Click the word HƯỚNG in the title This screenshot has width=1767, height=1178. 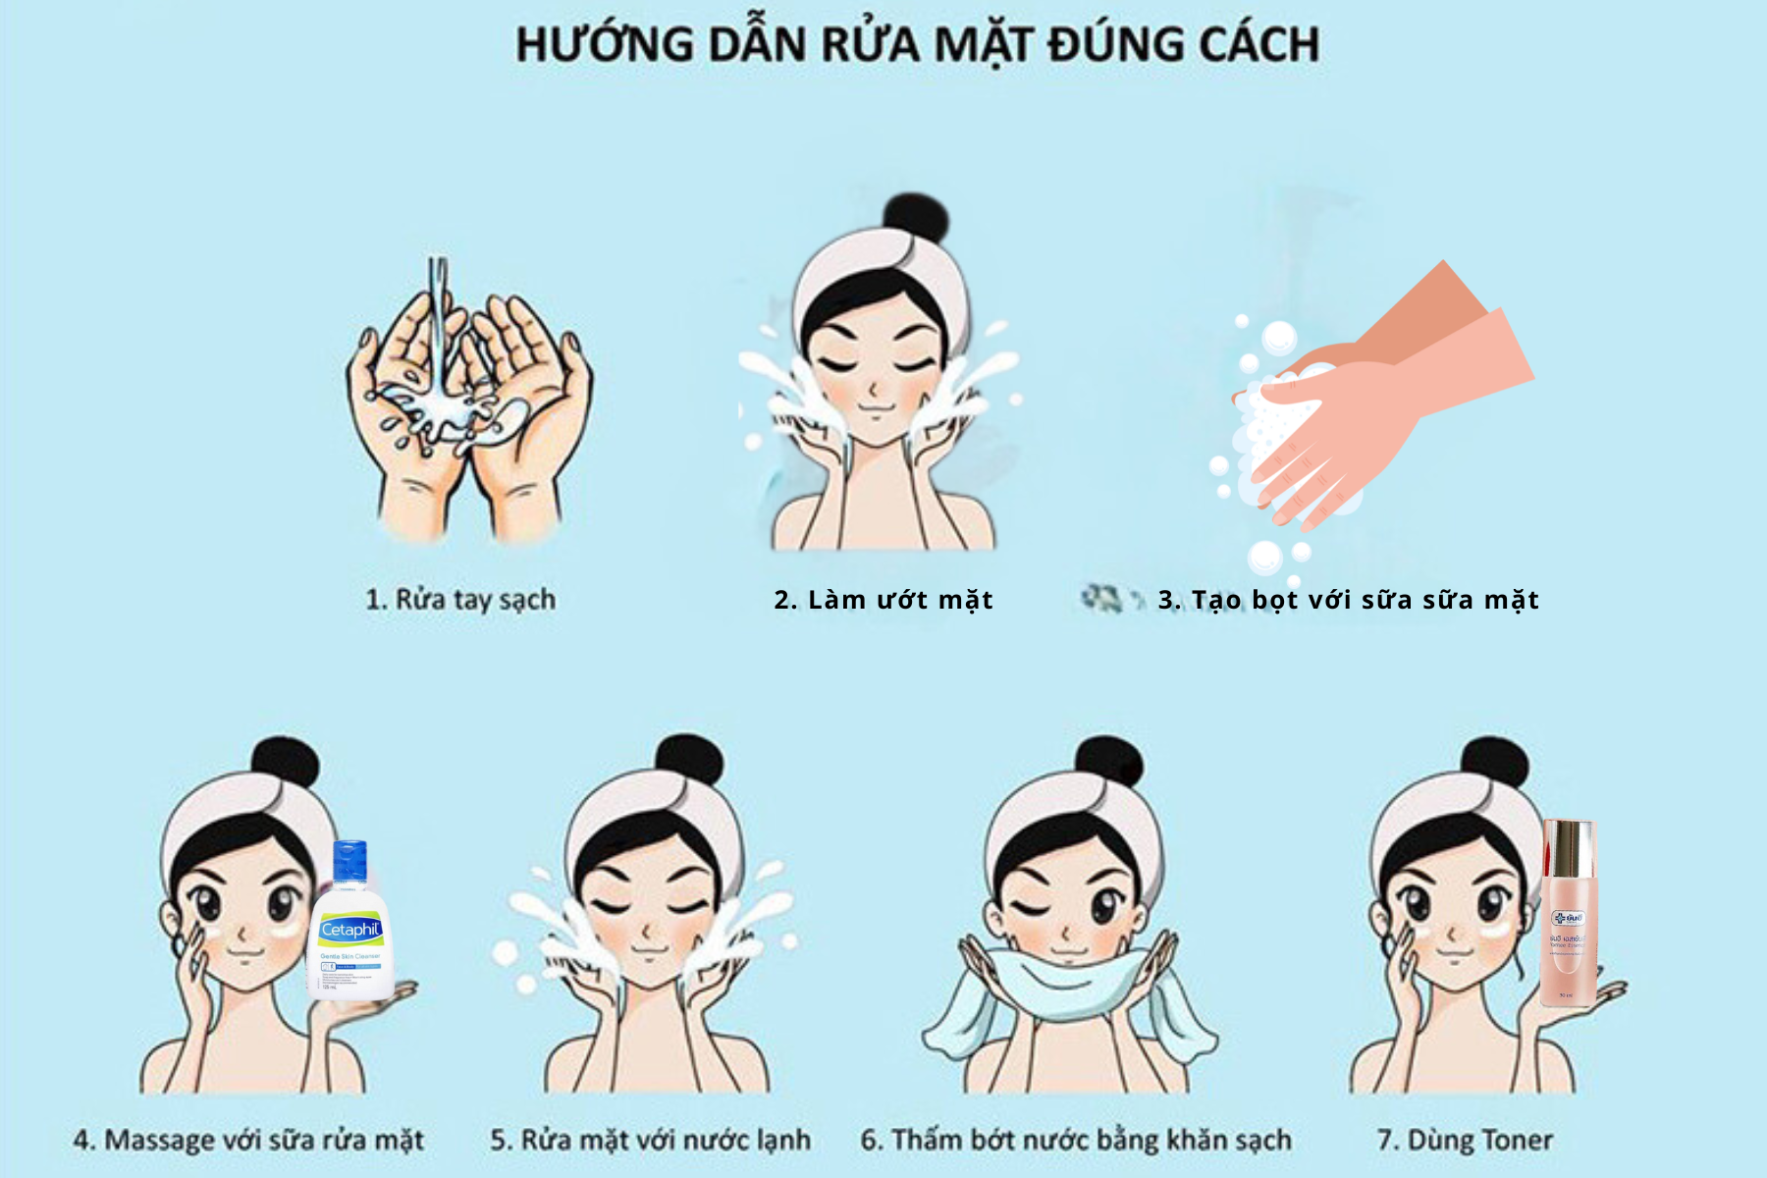pyautogui.click(x=605, y=45)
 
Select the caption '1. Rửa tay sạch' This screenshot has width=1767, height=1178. pyautogui.click(x=460, y=599)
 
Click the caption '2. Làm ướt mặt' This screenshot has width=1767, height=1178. pyautogui.click(x=883, y=599)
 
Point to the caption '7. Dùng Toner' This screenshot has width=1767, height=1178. pyautogui.click(x=1465, y=1140)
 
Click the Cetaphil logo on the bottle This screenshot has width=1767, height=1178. pyautogui.click(x=350, y=930)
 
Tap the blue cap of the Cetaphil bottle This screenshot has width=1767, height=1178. pyautogui.click(x=349, y=861)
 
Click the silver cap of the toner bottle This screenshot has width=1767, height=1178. pyautogui.click(x=1569, y=849)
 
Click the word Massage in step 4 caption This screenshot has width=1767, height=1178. pyautogui.click(x=160, y=1140)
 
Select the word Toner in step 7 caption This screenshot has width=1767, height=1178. pyautogui.click(x=1517, y=1140)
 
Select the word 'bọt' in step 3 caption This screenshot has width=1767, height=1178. pyautogui.click(x=1275, y=599)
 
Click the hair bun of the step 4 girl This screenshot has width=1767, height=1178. pyautogui.click(x=285, y=762)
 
